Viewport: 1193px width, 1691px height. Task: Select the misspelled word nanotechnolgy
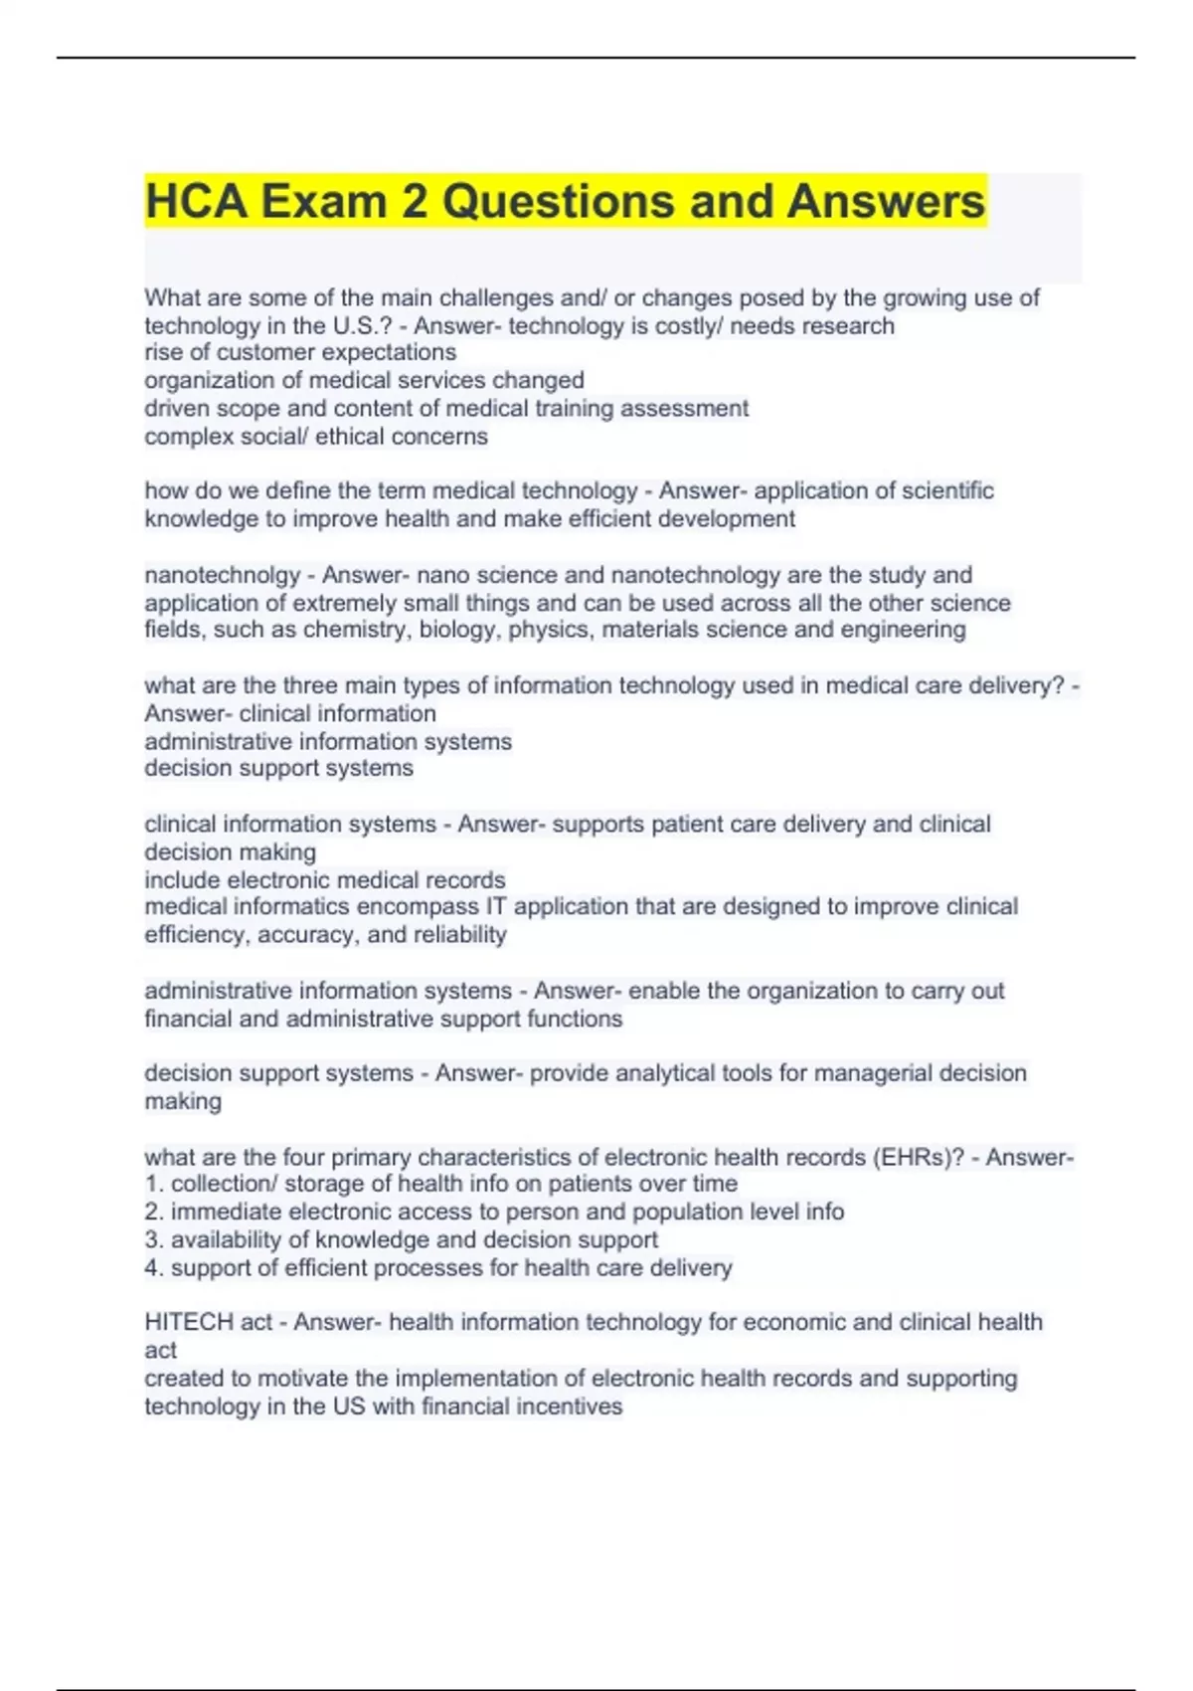[x=222, y=575]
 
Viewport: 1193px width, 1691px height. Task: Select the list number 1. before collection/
[x=154, y=1184]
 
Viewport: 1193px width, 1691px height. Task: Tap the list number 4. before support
[x=154, y=1267]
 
